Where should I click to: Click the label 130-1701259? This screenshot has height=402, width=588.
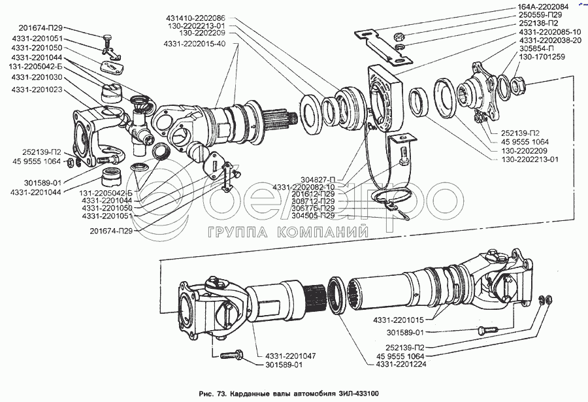(x=538, y=57)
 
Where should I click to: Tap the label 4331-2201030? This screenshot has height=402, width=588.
(x=36, y=77)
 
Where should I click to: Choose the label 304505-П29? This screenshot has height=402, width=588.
(x=313, y=216)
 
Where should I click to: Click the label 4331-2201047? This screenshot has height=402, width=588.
(x=292, y=356)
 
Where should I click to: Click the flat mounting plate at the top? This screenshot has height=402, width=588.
(x=380, y=41)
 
